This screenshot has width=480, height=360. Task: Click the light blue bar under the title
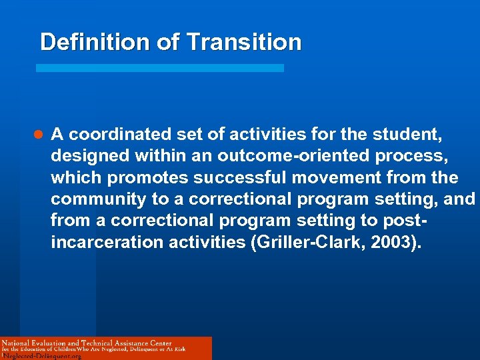click(159, 68)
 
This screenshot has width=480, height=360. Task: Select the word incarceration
click(105, 242)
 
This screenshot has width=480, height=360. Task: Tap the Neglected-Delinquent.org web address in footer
click(42, 356)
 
